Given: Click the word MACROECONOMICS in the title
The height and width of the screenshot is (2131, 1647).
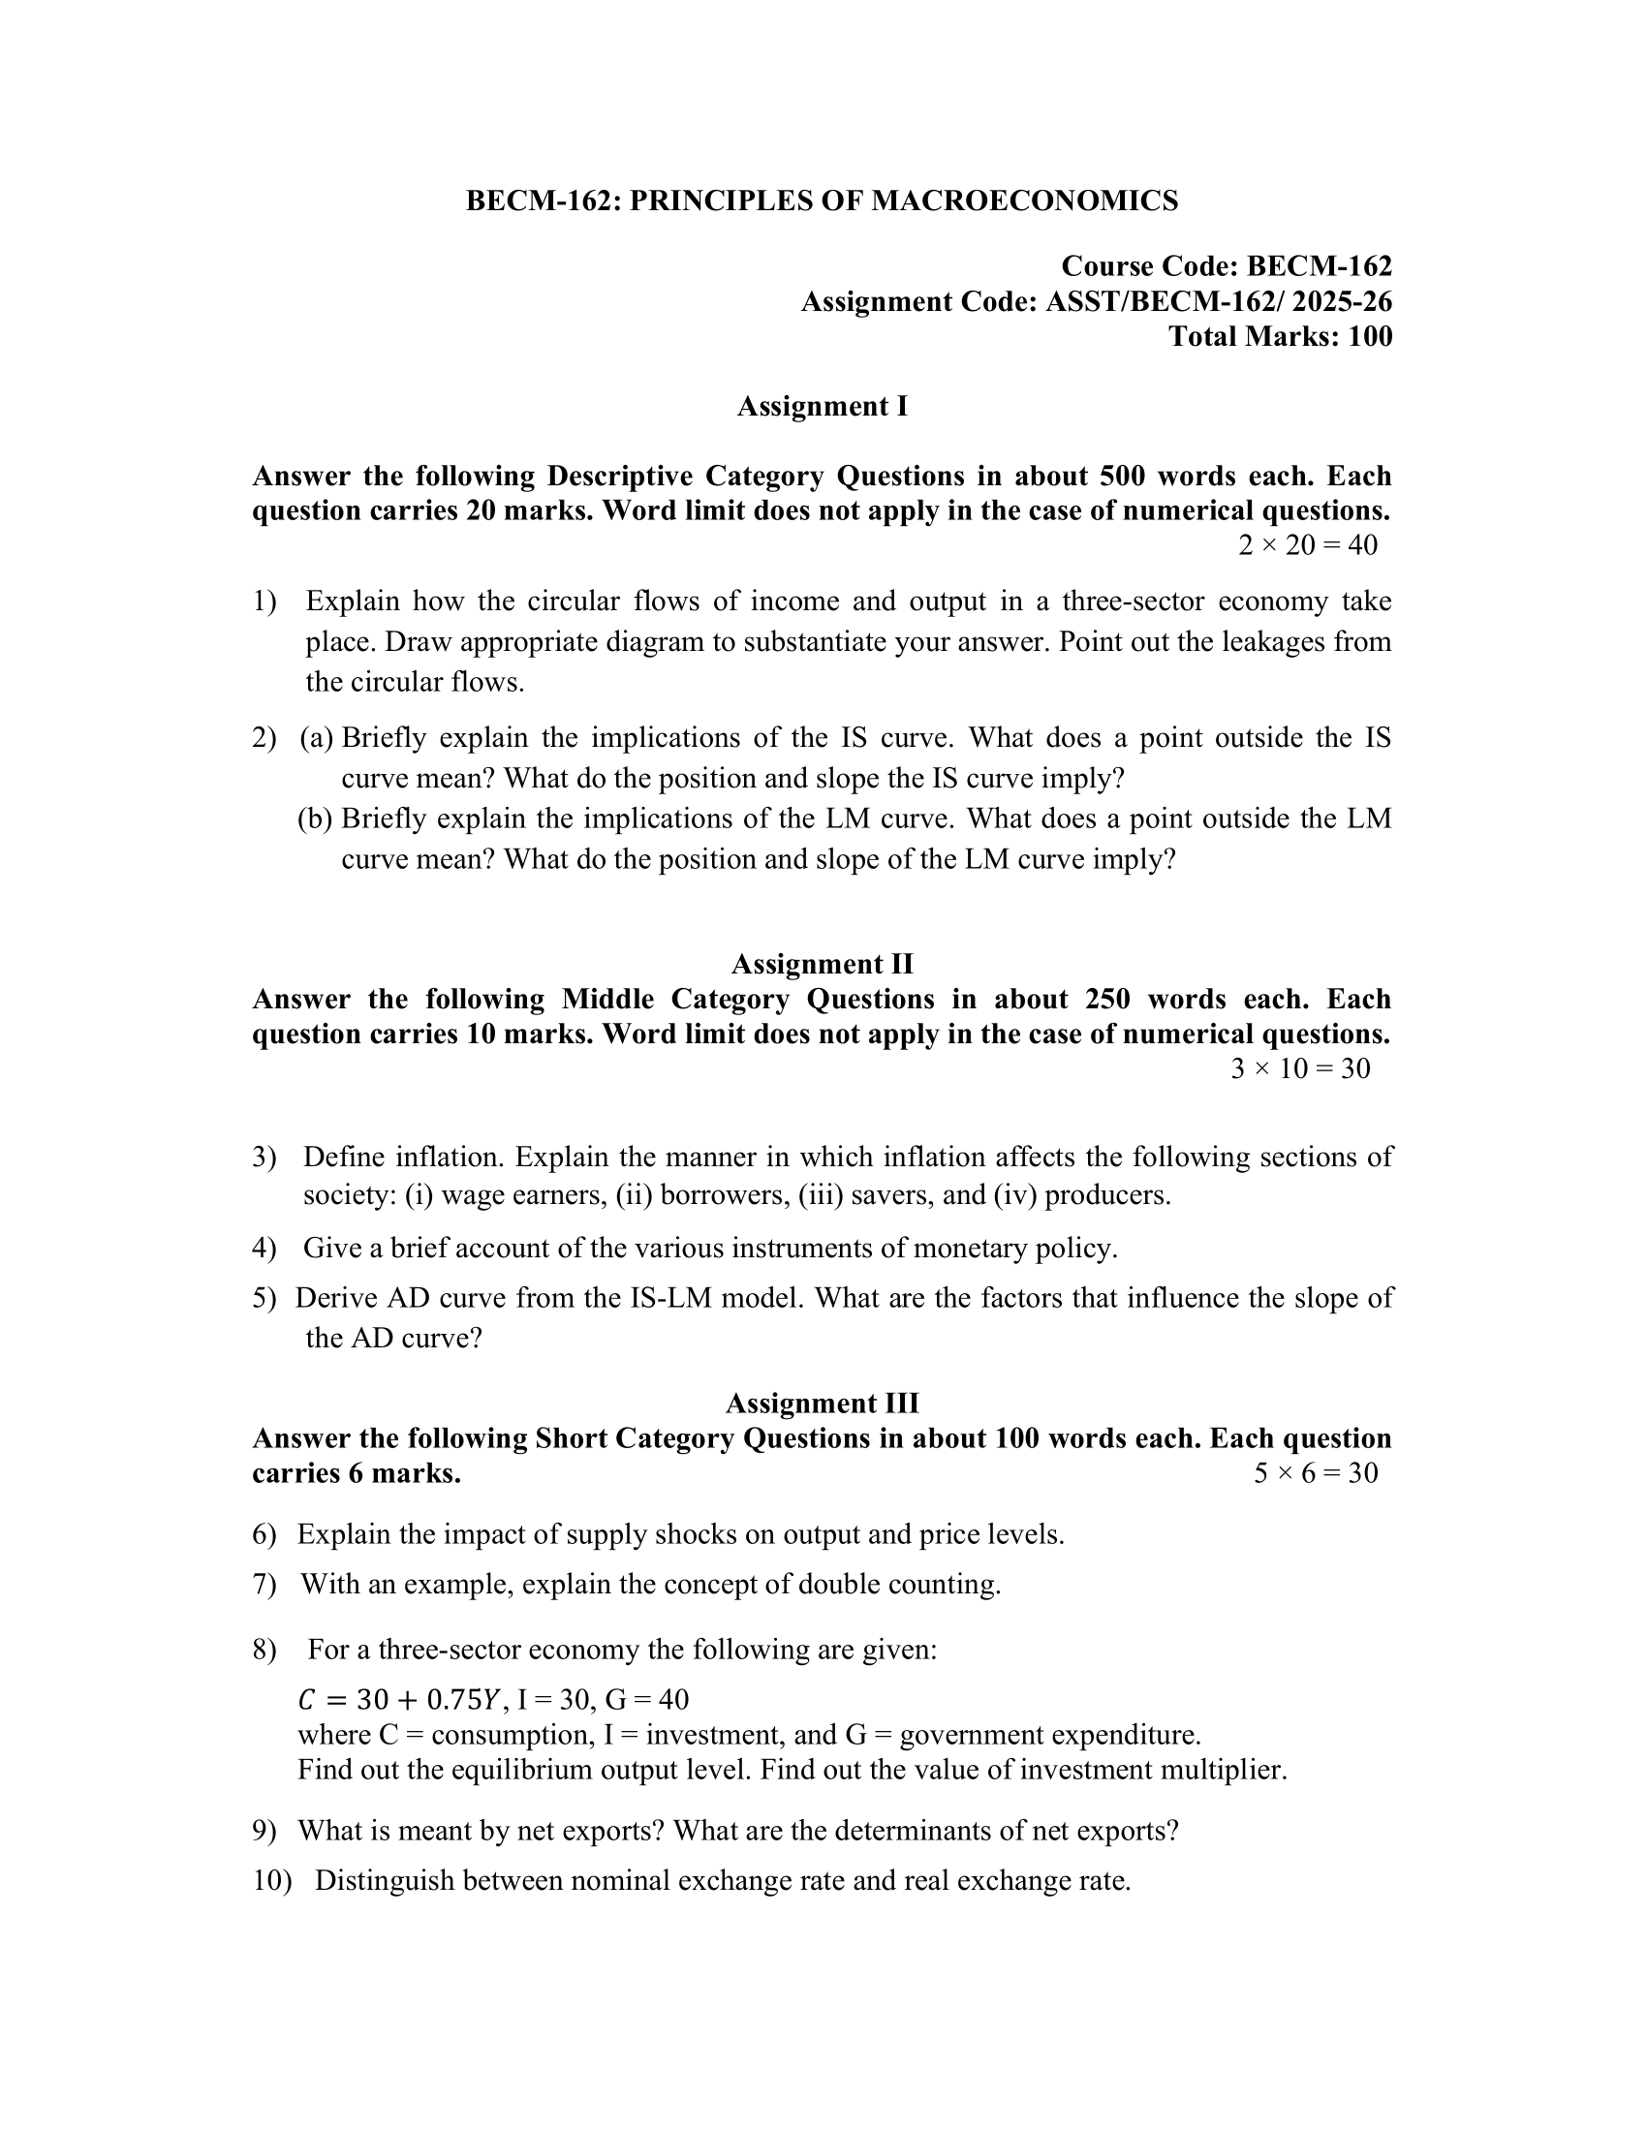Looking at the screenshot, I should tap(1023, 201).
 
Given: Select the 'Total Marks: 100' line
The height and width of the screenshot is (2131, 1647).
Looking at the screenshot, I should tap(1280, 337).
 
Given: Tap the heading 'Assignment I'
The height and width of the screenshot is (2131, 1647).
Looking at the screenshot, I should tap(822, 406).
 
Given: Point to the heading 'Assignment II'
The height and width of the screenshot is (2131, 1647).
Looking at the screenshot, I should tap(822, 964).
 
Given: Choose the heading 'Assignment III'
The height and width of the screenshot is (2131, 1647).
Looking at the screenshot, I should tap(822, 1404).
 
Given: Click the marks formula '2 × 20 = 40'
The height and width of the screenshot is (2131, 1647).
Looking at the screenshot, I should tap(1308, 544).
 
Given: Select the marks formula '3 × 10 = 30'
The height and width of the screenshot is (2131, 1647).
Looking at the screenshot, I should tap(1299, 1068).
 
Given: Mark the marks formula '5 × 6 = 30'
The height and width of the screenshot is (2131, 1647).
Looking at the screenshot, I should tap(1316, 1472).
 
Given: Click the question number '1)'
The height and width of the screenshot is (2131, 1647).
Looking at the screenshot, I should tap(264, 602).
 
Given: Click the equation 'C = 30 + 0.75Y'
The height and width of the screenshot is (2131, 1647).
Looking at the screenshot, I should tap(399, 1700).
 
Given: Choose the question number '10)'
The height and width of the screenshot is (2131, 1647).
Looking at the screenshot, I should tap(272, 1880).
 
